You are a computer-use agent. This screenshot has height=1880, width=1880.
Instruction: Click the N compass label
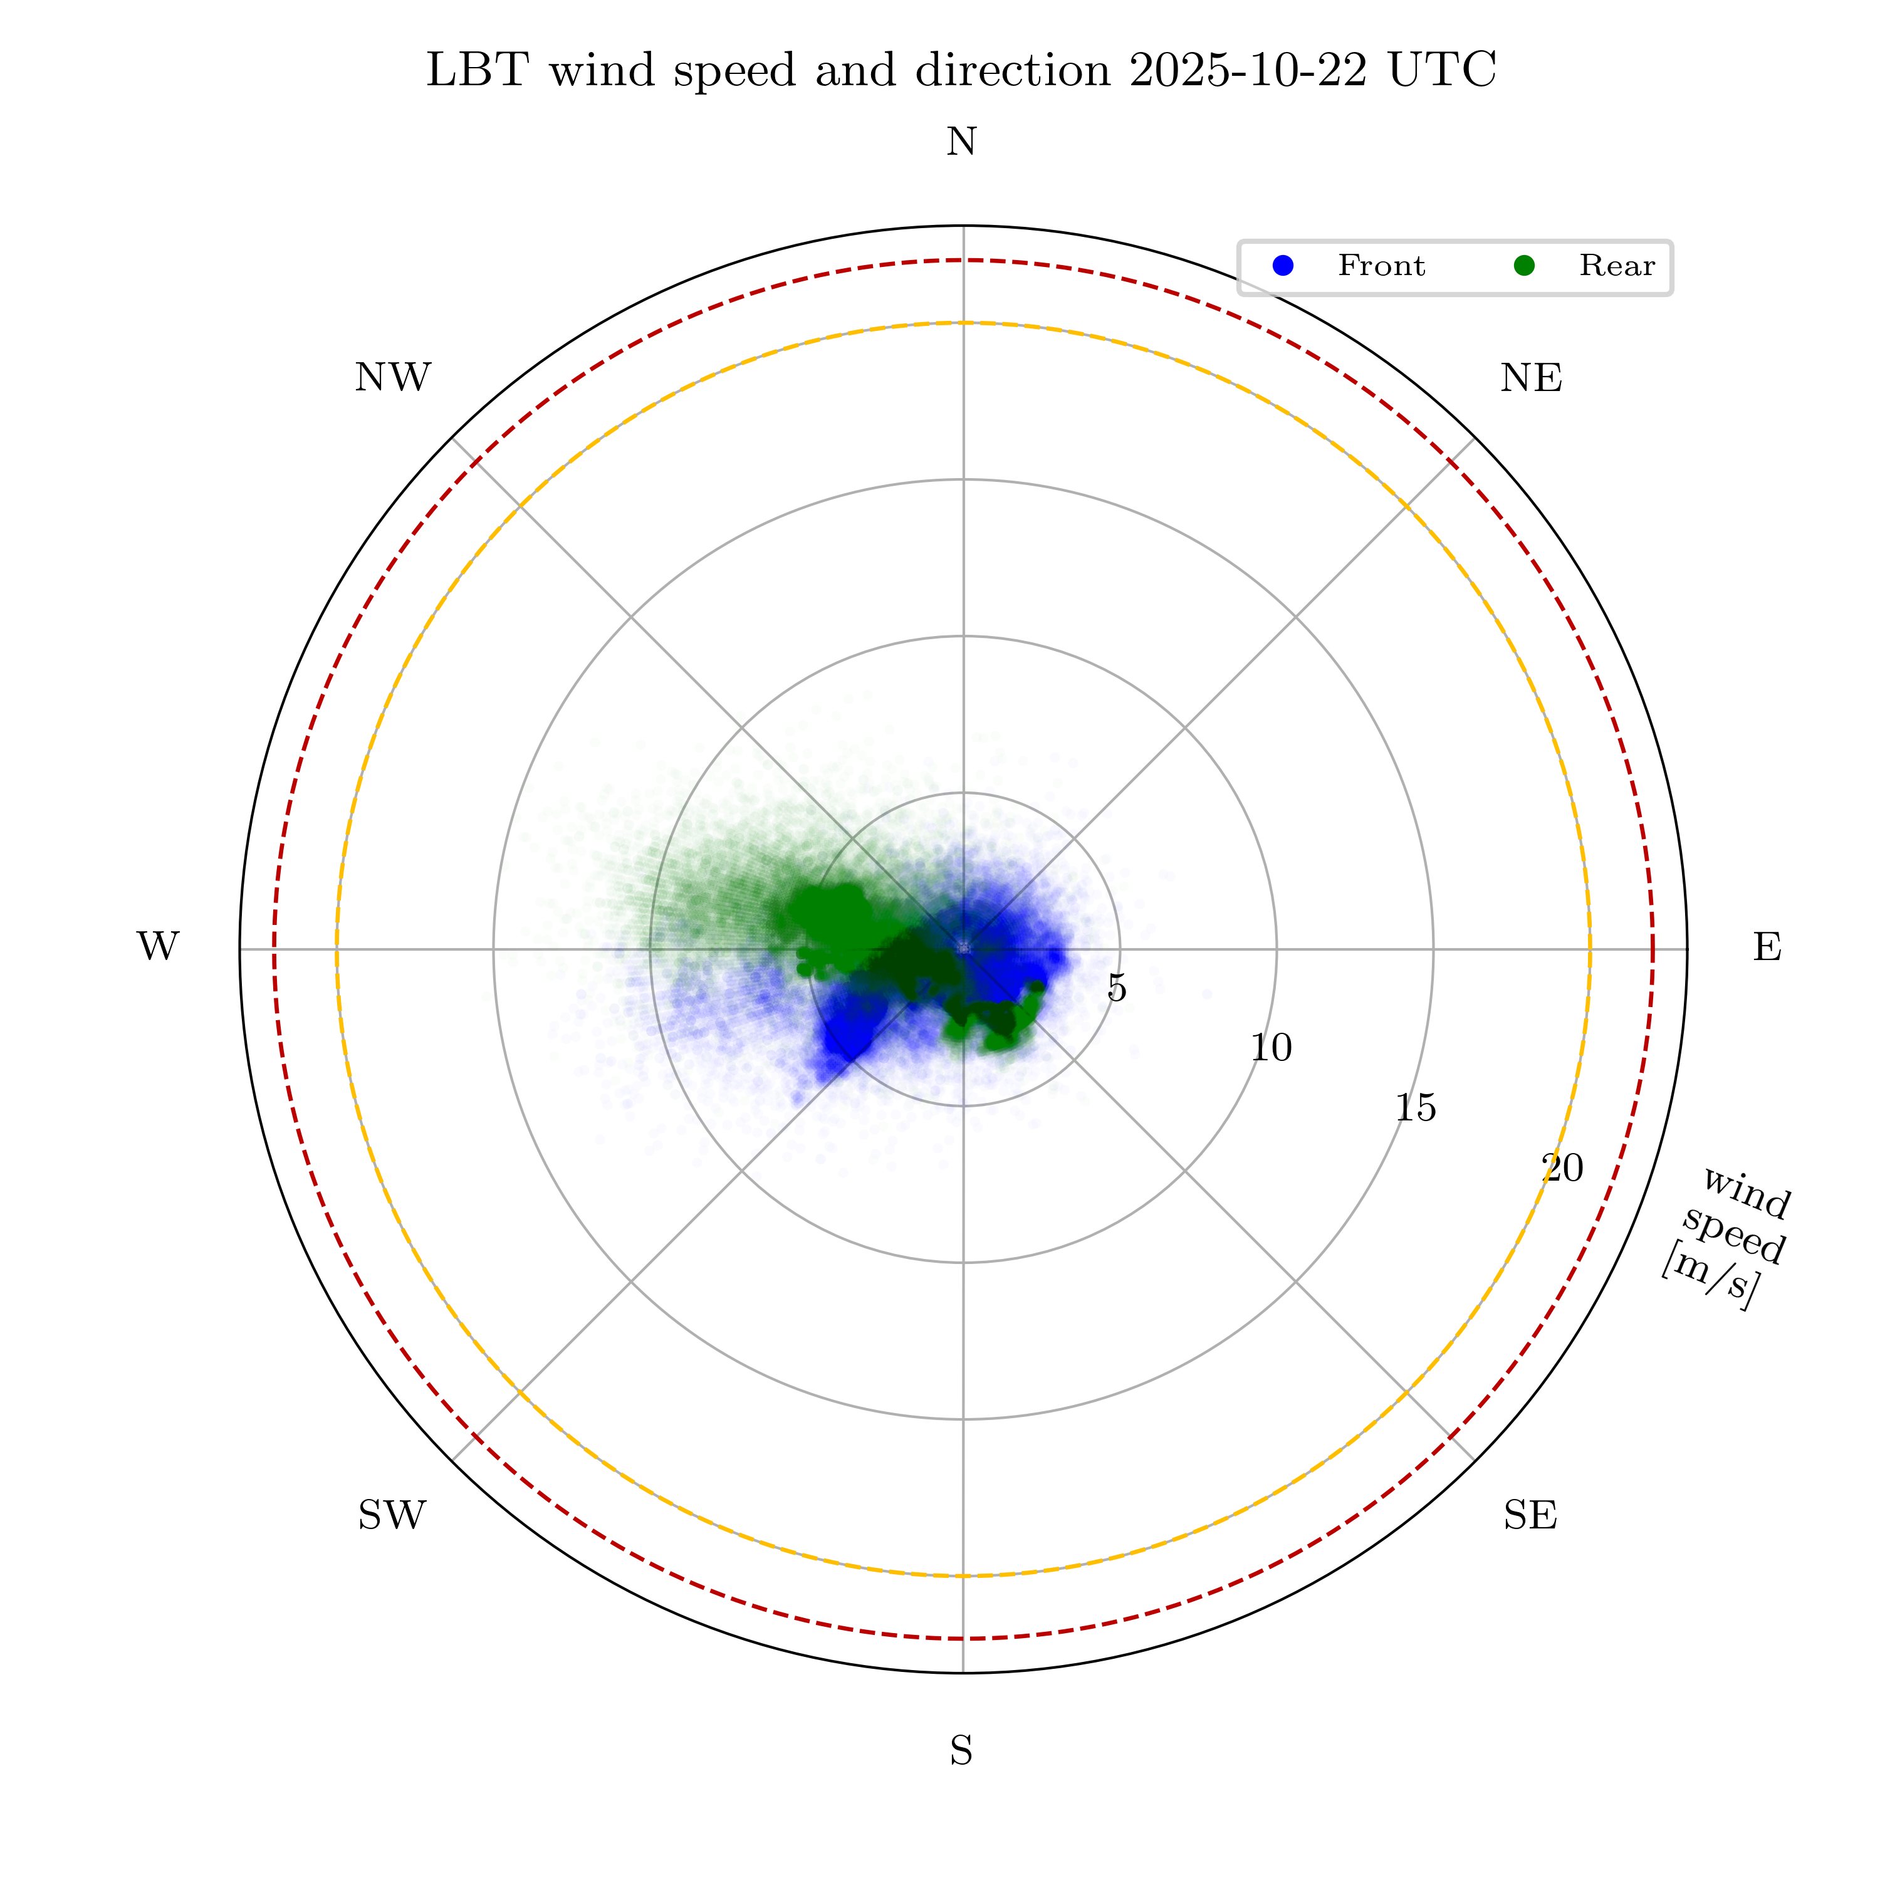click(961, 143)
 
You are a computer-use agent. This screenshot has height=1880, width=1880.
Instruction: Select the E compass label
click(1767, 947)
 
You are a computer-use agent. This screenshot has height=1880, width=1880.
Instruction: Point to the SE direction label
click(1530, 1515)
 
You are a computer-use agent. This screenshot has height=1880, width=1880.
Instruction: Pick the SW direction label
click(392, 1515)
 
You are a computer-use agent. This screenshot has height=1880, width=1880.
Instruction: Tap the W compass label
click(158, 947)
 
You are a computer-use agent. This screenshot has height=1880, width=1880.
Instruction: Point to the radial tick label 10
click(1271, 1048)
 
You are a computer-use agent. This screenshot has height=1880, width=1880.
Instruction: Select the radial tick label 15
click(1416, 1109)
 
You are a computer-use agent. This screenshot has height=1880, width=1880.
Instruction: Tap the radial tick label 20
click(1563, 1167)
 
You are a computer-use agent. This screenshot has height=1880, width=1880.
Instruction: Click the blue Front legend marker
click(1283, 266)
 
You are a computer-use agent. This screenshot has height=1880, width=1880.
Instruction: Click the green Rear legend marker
click(1525, 266)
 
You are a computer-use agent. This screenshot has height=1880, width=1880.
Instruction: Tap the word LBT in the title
click(478, 71)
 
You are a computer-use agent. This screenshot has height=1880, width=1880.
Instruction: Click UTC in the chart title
click(1442, 71)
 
